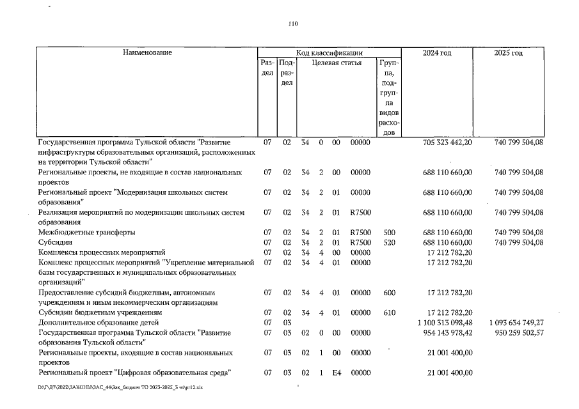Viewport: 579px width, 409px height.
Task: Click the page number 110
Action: pos(293,24)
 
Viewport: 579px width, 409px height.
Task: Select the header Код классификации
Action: pos(329,52)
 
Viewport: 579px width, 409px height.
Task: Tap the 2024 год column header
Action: pos(437,52)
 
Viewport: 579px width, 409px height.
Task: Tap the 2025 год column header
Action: pos(508,52)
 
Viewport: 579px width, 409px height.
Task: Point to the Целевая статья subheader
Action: pos(337,63)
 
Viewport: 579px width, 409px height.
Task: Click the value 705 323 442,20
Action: pos(448,142)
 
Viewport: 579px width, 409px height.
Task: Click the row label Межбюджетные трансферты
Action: pos(86,232)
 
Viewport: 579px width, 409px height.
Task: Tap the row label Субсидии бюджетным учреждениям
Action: pos(99,313)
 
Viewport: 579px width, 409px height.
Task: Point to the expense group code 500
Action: pos(388,232)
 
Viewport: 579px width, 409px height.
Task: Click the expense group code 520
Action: pos(388,242)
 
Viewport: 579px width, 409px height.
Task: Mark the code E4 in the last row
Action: pos(335,373)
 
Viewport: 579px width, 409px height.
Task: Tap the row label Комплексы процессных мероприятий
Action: pos(102,252)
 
